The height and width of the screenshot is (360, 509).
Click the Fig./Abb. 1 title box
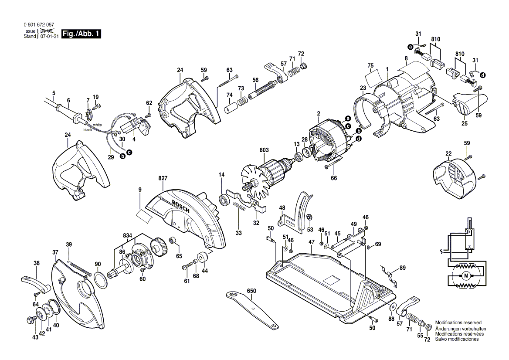[x=81, y=34]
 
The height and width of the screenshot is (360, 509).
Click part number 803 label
[x=264, y=149]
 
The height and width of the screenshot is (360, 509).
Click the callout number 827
[x=163, y=178]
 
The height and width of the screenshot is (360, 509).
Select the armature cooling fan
[x=251, y=183]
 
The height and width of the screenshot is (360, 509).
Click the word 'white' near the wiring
[x=97, y=125]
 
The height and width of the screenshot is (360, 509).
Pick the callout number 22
[x=448, y=153]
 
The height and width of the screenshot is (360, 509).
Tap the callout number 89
[x=402, y=268]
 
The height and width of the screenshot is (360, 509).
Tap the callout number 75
[x=370, y=66]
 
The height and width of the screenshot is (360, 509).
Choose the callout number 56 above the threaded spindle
[x=255, y=80]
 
